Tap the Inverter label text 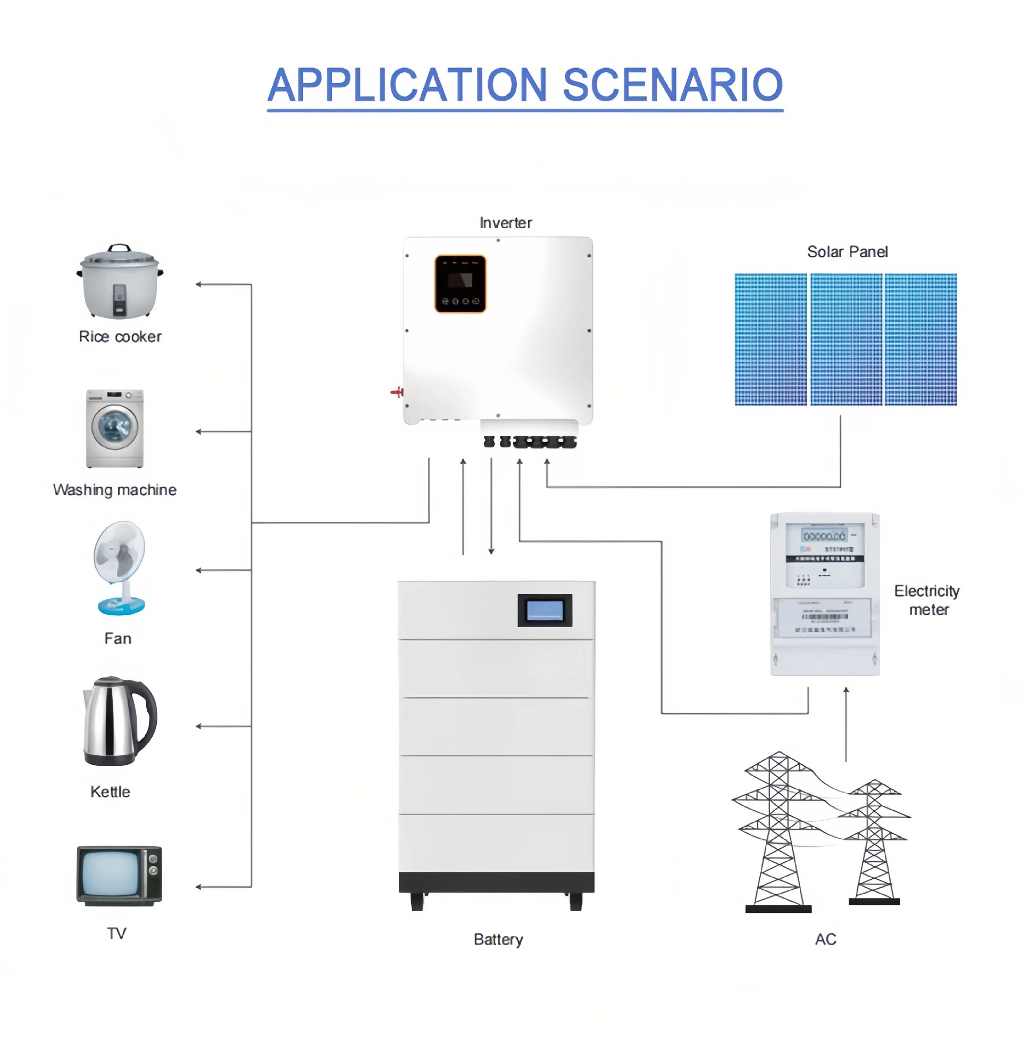pos(505,223)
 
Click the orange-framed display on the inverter pos(460,283)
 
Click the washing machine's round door pos(114,427)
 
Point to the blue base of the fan pos(121,605)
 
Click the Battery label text pos(498,939)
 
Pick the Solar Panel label pos(847,252)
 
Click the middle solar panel pos(846,339)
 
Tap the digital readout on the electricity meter pos(823,536)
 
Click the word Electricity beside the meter pos(926,590)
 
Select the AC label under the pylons pos(825,939)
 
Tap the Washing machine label pos(114,489)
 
